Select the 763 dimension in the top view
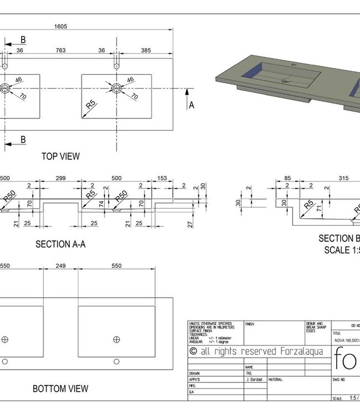pyautogui.click(x=60, y=50)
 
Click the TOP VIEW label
pyautogui.click(x=60, y=157)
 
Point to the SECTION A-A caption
pyautogui.click(x=60, y=243)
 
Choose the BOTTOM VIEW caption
pyautogui.click(x=60, y=389)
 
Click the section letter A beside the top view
pyautogui.click(x=192, y=105)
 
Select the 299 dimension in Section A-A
pyautogui.click(x=60, y=179)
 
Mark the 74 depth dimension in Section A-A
pyautogui.click(x=100, y=203)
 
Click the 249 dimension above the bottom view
pyautogui.click(x=60, y=266)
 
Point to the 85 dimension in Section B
pyautogui.click(x=287, y=178)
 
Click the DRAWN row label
pyautogui.click(x=194, y=373)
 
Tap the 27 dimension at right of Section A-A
pyautogui.click(x=191, y=224)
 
